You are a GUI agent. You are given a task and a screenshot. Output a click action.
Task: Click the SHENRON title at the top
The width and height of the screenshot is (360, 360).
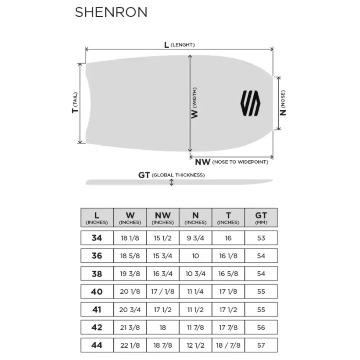111,12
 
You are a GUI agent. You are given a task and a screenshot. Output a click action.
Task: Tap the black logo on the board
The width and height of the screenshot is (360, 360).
251,104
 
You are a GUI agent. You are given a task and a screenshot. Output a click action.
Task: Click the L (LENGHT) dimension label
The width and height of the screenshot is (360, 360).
179,45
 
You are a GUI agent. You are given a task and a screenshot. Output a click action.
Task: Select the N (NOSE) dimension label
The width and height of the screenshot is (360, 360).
283,103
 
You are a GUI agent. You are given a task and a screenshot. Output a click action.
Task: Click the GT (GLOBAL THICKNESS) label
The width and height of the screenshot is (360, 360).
171,175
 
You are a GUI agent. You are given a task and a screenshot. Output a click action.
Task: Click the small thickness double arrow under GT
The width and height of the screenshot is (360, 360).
171,182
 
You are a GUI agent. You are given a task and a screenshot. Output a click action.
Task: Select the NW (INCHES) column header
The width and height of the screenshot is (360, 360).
162,218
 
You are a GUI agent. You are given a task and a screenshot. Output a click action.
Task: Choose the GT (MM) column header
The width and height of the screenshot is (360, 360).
261,218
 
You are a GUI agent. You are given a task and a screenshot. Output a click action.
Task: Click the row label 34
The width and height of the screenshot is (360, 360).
97,238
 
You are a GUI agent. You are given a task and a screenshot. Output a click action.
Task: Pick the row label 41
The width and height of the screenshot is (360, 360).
97,310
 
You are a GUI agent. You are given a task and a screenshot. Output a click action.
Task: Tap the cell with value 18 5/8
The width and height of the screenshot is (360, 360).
130,256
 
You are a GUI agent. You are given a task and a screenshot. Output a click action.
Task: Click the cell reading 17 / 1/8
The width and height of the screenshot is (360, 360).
162,292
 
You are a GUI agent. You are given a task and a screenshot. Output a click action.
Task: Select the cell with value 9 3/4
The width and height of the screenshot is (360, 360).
195,238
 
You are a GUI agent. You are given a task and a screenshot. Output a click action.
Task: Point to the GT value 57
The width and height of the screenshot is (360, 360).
261,345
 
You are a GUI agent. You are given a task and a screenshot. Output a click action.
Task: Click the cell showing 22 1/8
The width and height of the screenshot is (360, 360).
130,345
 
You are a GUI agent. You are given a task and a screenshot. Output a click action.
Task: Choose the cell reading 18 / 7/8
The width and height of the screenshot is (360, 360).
228,345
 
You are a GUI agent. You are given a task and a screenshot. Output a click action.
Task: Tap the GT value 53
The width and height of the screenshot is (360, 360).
261,238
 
